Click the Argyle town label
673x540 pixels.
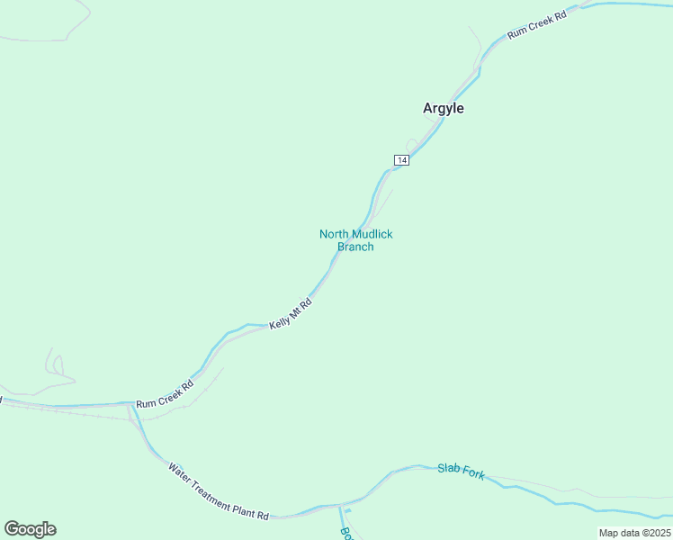tap(444, 108)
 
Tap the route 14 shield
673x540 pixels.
tap(401, 160)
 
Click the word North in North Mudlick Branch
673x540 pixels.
tap(334, 234)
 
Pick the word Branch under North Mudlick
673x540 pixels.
tap(355, 247)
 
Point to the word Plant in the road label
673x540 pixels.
tap(246, 510)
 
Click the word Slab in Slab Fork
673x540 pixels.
tap(448, 468)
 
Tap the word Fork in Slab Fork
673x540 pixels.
tap(473, 473)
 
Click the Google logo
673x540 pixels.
tap(30, 529)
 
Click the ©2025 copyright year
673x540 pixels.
tap(655, 533)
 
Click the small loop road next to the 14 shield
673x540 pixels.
tap(411, 144)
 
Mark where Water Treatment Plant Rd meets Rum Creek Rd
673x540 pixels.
tap(131, 405)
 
